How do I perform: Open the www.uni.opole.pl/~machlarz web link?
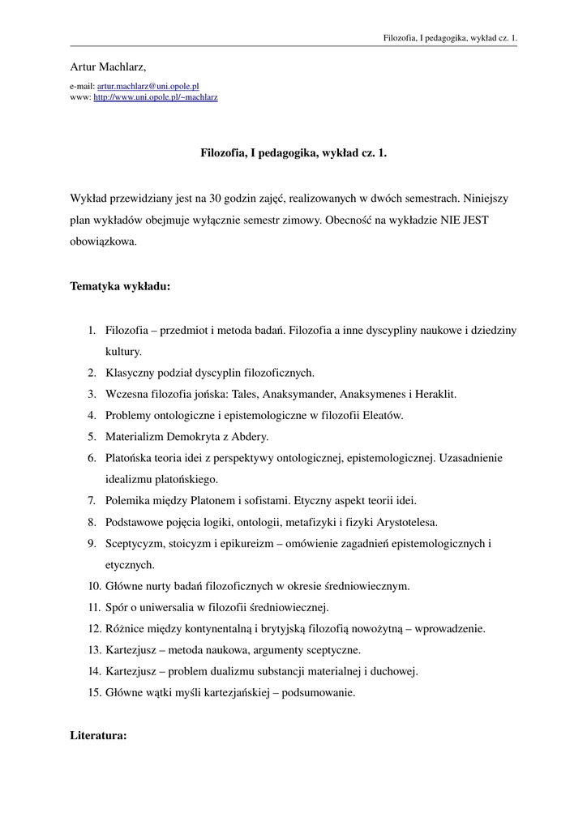click(x=156, y=97)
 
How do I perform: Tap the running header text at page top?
click(x=450, y=37)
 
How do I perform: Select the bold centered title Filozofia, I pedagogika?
click(x=293, y=152)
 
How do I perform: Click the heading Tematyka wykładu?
click(x=120, y=286)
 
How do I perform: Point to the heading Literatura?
click(x=98, y=737)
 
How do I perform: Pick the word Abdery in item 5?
click(x=249, y=437)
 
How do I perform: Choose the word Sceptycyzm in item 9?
click(x=134, y=543)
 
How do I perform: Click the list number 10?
click(x=93, y=586)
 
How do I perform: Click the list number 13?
click(x=93, y=650)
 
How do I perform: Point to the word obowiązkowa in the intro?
click(x=103, y=242)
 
